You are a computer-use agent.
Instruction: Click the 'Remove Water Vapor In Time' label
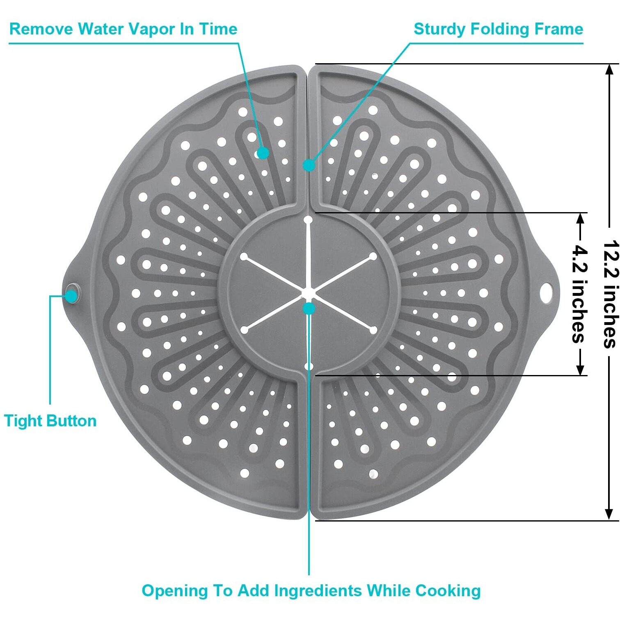click(123, 29)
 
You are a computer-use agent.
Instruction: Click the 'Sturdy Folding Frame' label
click(498, 29)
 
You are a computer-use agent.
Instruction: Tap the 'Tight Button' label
click(50, 421)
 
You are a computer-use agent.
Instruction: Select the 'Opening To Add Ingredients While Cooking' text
click(311, 590)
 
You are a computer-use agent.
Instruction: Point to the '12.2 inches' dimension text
click(610, 294)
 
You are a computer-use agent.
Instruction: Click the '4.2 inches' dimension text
click(579, 294)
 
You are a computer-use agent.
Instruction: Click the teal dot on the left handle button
click(72, 295)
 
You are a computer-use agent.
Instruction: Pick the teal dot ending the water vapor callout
click(263, 153)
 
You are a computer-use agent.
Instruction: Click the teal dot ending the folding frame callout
click(309, 165)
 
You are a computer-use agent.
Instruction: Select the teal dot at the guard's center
click(309, 308)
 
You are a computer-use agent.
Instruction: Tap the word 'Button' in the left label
click(74, 421)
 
